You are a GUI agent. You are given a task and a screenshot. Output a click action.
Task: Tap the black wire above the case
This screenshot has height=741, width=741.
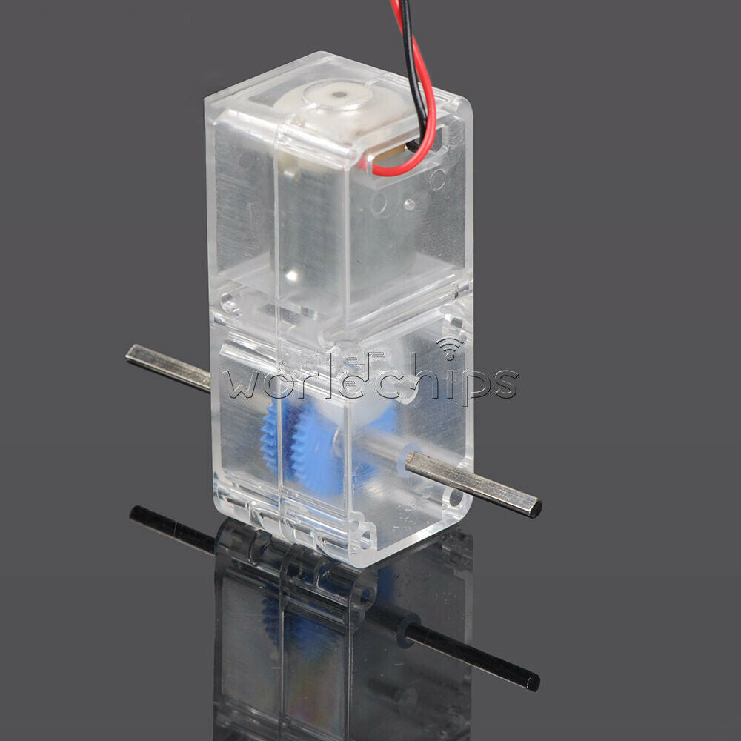[x=412, y=57]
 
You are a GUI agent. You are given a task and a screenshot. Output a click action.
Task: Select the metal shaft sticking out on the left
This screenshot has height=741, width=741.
[x=168, y=367]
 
